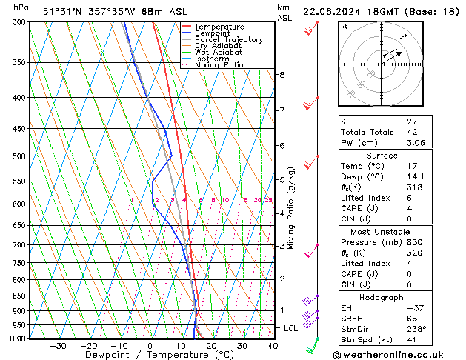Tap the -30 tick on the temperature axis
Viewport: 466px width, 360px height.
58,346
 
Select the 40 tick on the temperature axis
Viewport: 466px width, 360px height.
273,346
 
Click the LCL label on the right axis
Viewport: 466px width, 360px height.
291,327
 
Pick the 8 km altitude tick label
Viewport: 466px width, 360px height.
282,75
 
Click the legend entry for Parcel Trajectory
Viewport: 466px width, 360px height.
228,39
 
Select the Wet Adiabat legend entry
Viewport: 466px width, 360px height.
218,52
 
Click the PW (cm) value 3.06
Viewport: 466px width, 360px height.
416,143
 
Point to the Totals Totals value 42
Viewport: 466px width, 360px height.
412,132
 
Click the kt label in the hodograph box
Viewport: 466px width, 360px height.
344,26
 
